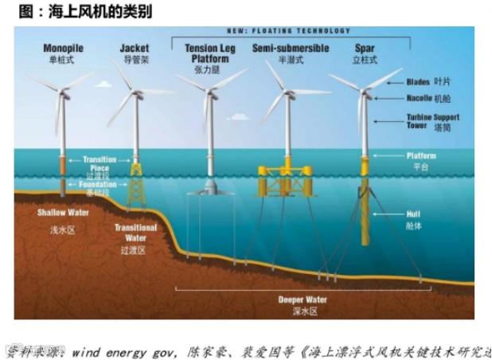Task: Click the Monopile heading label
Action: (x=61, y=48)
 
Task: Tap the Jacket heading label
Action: (x=135, y=48)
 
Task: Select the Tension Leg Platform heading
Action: (x=211, y=53)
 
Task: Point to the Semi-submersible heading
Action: (x=291, y=48)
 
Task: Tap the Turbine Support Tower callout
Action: (x=433, y=121)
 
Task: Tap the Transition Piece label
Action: (x=100, y=163)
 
